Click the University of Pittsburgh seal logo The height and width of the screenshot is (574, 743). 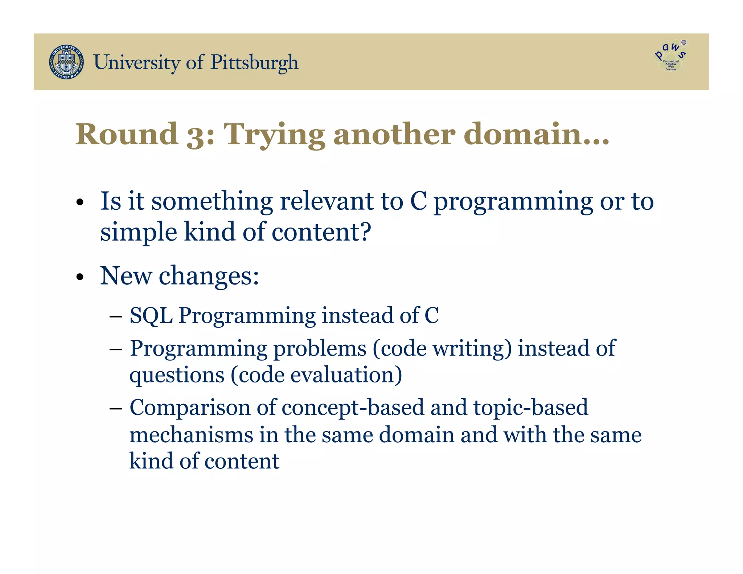(66, 62)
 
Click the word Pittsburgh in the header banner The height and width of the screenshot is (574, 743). (254, 62)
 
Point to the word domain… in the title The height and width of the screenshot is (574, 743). (536, 134)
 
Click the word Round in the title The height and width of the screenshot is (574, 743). (127, 134)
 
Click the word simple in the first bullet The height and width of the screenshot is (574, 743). (138, 232)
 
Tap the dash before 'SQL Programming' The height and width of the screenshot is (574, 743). (115, 317)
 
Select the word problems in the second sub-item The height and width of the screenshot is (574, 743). (320, 349)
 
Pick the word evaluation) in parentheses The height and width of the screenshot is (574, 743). (346, 375)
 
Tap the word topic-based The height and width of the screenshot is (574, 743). (530, 407)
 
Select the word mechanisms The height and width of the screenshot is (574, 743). (191, 435)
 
